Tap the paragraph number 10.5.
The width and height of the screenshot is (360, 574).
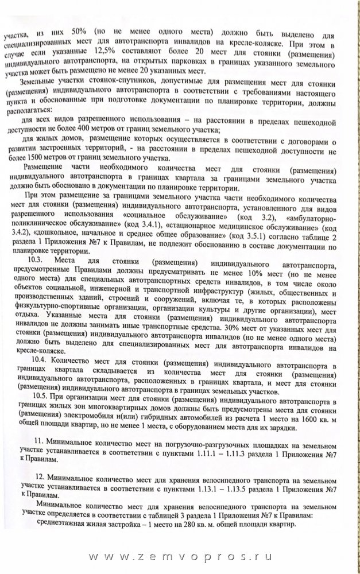[43, 395]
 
